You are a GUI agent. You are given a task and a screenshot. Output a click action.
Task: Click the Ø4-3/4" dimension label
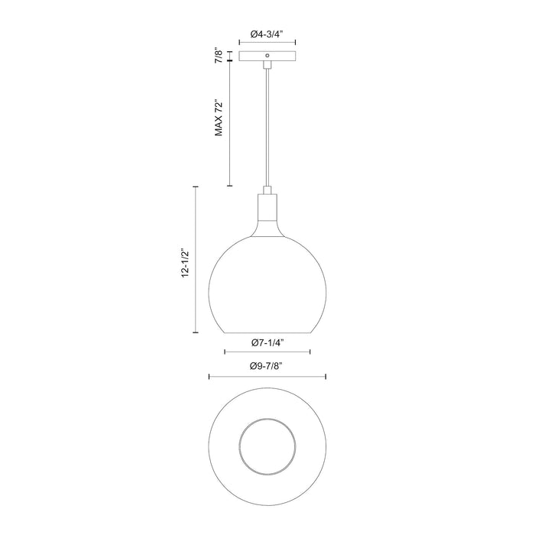(267, 34)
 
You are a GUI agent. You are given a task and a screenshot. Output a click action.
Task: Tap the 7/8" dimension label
(219, 56)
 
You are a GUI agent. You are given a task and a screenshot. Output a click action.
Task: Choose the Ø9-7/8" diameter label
(267, 366)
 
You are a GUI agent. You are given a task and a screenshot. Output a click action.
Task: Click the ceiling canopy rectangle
(267, 57)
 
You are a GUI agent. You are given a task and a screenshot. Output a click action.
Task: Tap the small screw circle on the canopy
(267, 56)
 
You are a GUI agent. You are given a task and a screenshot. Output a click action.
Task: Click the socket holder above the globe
(267, 209)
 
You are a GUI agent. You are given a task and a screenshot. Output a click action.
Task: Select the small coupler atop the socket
(267, 190)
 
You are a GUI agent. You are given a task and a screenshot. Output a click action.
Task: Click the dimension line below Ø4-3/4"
(267, 44)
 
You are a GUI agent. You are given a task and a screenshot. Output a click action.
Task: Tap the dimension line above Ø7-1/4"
(267, 352)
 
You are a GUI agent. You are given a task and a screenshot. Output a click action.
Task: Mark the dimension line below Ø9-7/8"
(267, 377)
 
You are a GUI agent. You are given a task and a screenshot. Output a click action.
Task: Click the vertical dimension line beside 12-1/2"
(196, 260)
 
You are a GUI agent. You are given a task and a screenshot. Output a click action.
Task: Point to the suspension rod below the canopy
(267, 122)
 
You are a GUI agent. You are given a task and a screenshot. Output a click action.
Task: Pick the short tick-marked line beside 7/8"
(230, 57)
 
